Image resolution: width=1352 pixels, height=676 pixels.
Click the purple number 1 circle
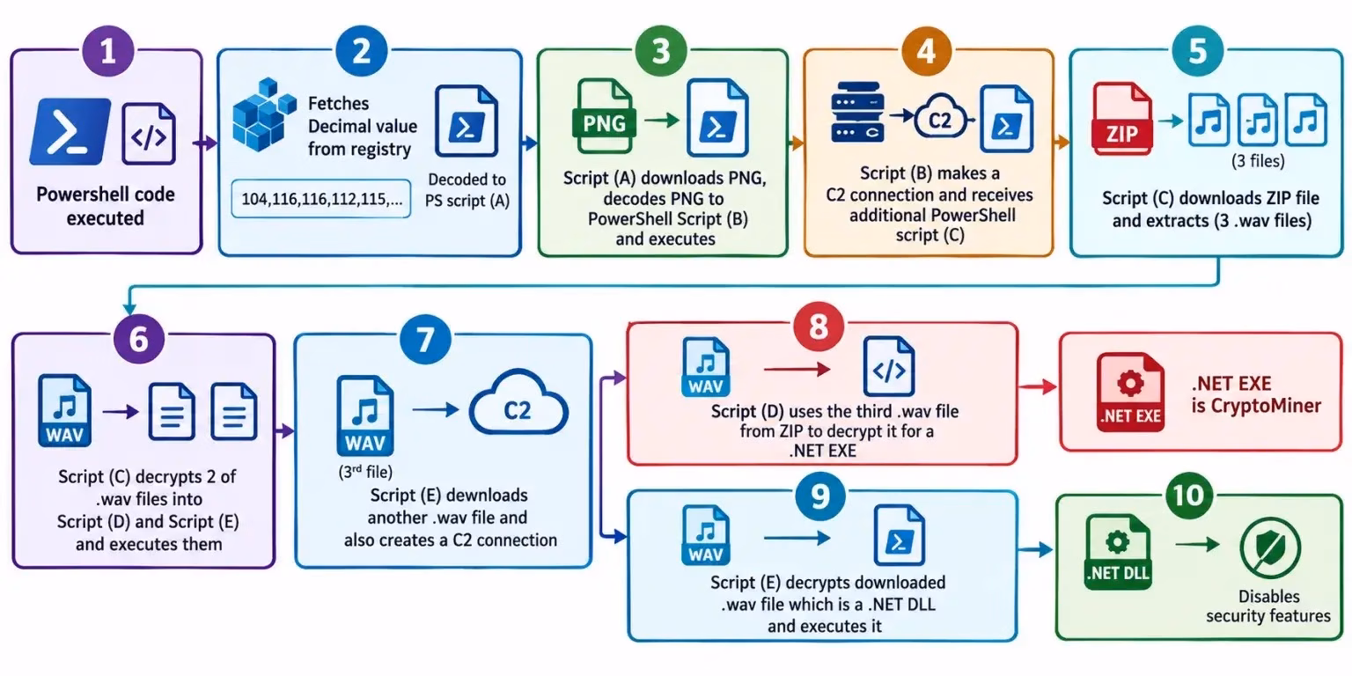108,51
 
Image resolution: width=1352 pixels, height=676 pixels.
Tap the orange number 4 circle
927,51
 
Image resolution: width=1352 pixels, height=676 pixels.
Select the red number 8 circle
819,327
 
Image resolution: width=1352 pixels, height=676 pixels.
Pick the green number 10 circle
1188,496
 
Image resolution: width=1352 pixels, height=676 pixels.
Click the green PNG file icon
604,116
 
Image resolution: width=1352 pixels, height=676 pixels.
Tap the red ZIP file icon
1122,118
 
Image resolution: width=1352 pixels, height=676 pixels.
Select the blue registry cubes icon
264,114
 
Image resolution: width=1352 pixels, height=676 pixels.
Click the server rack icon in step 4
857,113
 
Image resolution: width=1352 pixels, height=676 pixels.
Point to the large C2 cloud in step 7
518,403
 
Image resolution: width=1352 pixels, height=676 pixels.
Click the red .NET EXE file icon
1130,393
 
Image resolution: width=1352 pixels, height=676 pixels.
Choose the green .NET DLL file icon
1118,552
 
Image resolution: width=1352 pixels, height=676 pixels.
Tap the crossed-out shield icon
1270,548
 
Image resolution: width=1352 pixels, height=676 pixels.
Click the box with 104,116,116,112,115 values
321,199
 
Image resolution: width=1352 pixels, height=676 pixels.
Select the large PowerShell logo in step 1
70,131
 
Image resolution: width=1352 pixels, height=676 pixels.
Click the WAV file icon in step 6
64,410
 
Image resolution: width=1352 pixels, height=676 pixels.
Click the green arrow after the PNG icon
662,120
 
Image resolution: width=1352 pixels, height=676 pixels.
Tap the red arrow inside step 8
797,369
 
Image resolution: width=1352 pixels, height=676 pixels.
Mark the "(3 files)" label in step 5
1258,161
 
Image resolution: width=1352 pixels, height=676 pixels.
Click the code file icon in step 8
888,367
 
